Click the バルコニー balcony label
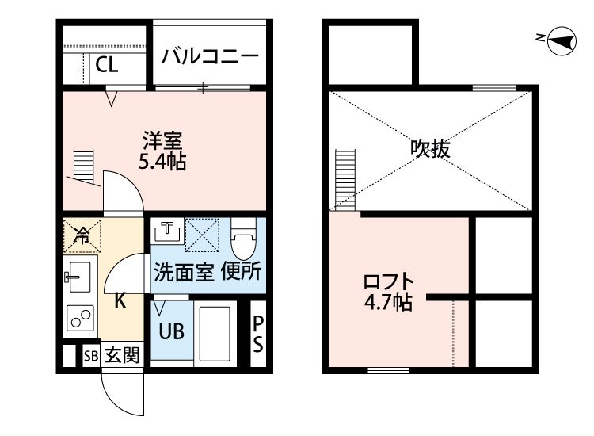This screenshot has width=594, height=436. [210, 57]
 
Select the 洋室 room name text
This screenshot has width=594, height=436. [162, 143]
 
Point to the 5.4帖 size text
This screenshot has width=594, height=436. [162, 163]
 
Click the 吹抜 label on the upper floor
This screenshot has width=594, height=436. [430, 148]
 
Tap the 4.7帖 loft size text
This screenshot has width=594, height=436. [387, 302]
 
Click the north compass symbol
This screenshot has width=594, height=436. [561, 40]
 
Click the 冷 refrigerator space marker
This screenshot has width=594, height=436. [81, 234]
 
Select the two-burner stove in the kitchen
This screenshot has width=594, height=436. [79, 318]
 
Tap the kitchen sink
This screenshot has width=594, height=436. [78, 277]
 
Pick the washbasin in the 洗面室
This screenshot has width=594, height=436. [167, 233]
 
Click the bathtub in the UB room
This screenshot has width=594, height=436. [213, 331]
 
